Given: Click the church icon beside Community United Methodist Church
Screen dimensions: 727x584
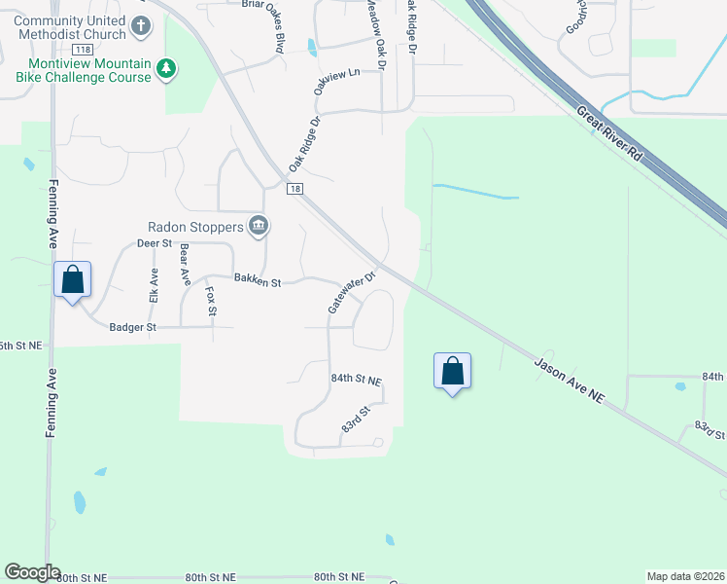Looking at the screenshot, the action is [141, 25].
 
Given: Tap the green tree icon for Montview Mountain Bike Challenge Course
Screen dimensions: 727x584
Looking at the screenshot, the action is [167, 69].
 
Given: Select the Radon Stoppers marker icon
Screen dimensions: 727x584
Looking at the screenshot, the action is [259, 227].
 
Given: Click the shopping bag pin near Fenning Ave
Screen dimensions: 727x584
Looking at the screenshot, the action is [73, 280].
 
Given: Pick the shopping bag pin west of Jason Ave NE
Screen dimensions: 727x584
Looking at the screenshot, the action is [452, 372].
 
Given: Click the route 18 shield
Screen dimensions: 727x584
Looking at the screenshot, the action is [295, 189].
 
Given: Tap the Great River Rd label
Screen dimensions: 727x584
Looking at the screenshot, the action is [609, 134].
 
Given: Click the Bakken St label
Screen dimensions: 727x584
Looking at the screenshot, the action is [257, 282].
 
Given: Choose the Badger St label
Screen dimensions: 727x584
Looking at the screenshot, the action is [132, 328].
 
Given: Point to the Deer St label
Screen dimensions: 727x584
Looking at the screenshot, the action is [154, 243].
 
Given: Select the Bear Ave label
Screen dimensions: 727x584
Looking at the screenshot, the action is [184, 267].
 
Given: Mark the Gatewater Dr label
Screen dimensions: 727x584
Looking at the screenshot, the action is [351, 291].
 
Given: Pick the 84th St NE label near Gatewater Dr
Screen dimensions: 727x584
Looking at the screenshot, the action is [356, 379].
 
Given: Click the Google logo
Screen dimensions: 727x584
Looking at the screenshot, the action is [32, 572].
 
